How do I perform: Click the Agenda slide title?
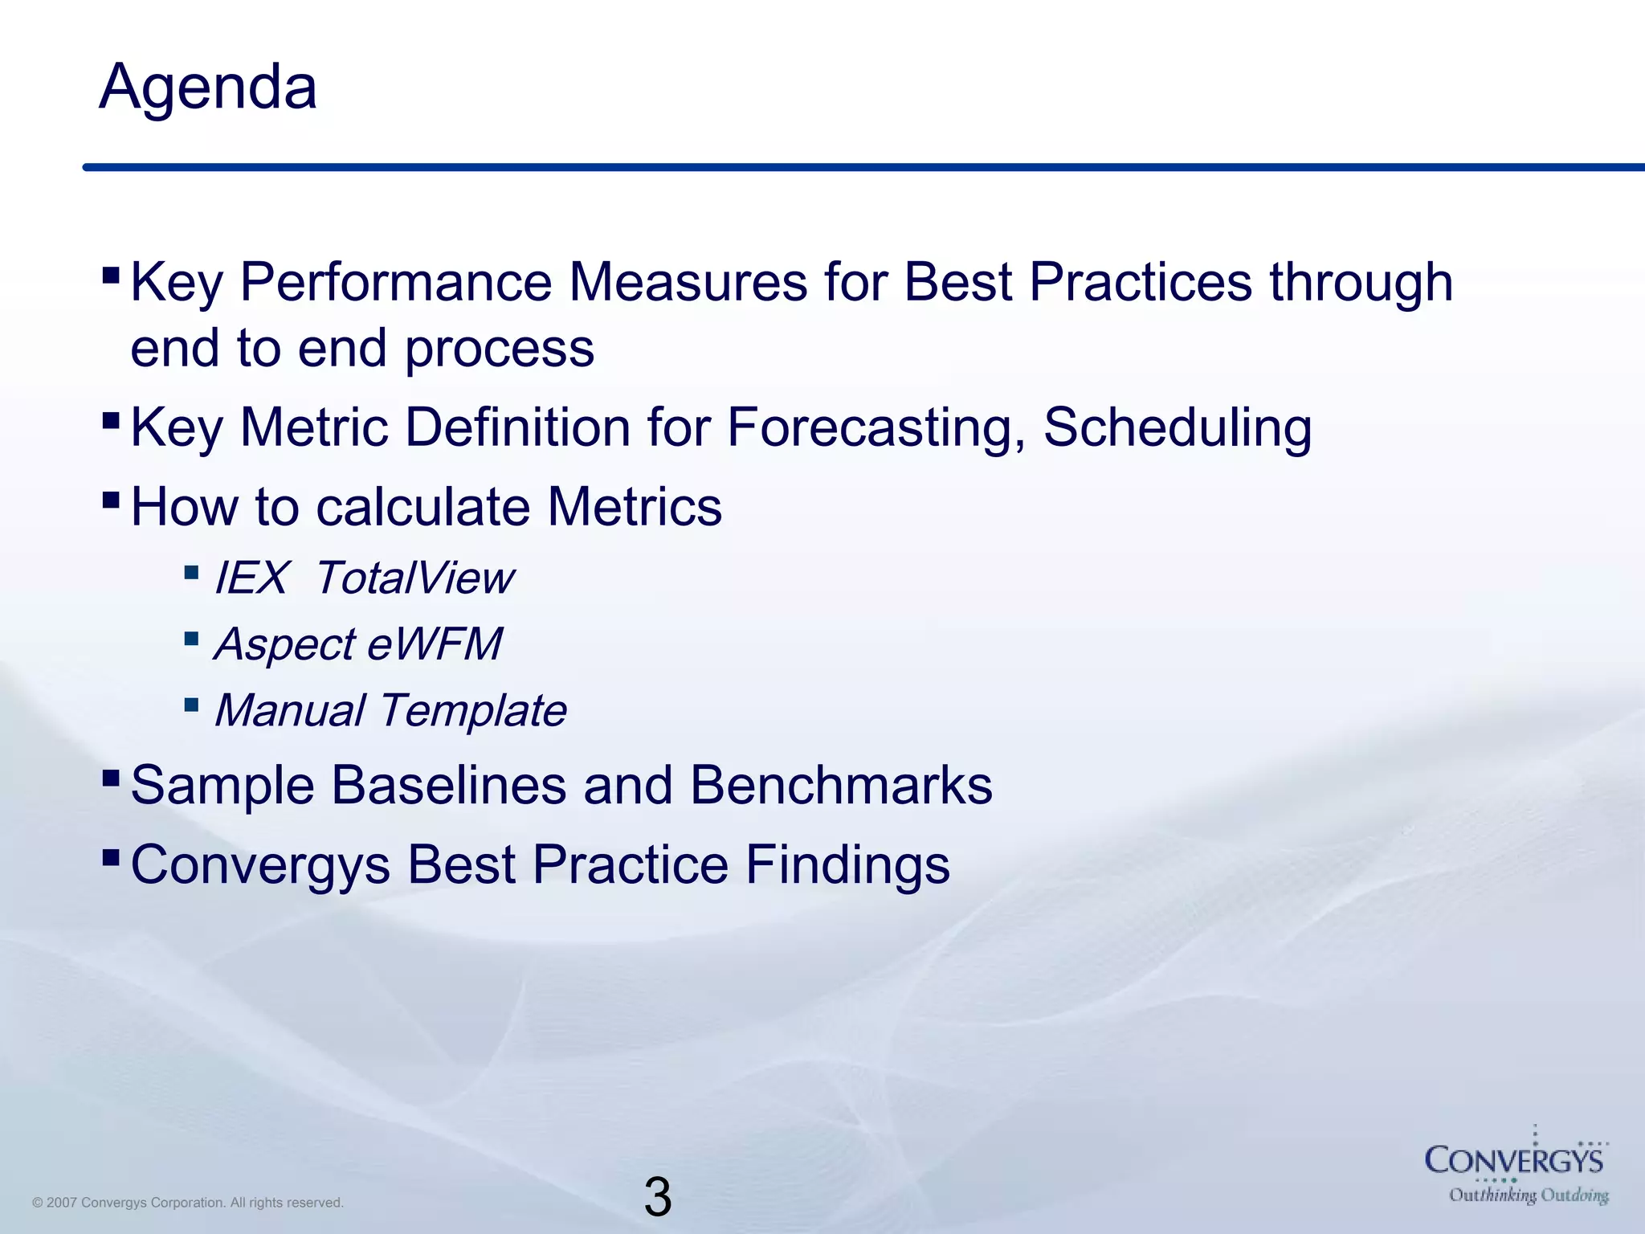pos(208,87)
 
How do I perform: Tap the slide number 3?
pos(657,1197)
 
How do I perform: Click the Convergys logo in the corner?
pos(1514,1160)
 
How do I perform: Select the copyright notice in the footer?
pos(188,1203)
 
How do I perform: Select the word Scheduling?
pos(1178,427)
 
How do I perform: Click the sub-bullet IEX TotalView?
pos(363,578)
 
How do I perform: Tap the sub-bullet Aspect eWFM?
pos(358,644)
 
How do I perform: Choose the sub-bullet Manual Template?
pos(390,711)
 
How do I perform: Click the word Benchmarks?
pos(841,785)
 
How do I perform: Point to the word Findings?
pos(847,865)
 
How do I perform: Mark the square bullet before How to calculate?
pos(111,501)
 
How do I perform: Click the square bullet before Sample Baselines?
pos(111,778)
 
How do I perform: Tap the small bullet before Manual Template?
pos(191,705)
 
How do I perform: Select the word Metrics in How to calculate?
pos(635,507)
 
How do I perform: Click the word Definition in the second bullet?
pos(517,427)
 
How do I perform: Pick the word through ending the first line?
pos(1361,283)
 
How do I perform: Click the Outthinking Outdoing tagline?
pos(1529,1195)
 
